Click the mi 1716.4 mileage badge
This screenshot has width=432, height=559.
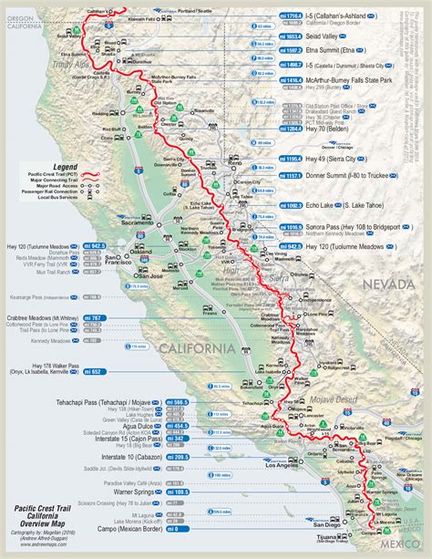click(265, 16)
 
